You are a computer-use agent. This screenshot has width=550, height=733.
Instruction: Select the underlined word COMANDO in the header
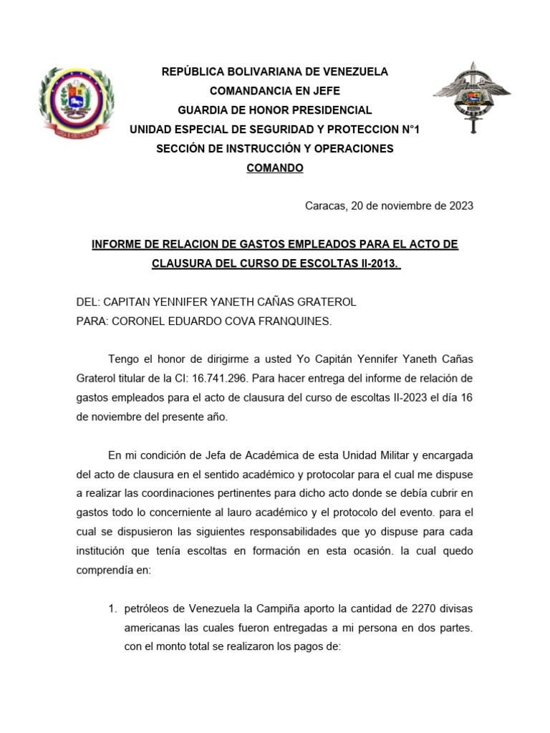click(275, 168)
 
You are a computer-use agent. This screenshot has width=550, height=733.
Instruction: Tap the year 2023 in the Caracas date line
click(461, 206)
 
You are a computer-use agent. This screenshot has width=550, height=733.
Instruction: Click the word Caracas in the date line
click(324, 206)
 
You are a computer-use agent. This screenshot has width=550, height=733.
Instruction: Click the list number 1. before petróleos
click(112, 608)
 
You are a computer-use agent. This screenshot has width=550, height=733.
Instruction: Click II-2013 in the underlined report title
click(376, 263)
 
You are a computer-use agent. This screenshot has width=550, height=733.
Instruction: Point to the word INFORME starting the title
click(117, 245)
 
